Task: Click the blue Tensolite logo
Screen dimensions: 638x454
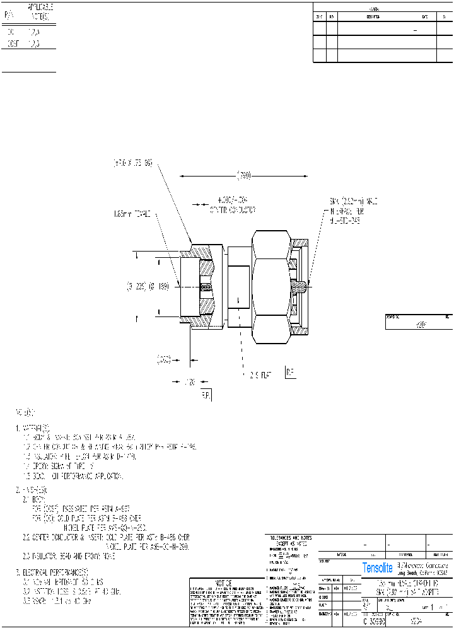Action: (x=377, y=567)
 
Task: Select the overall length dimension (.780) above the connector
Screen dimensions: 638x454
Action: (x=243, y=175)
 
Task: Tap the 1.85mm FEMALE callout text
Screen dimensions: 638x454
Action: (x=132, y=214)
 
